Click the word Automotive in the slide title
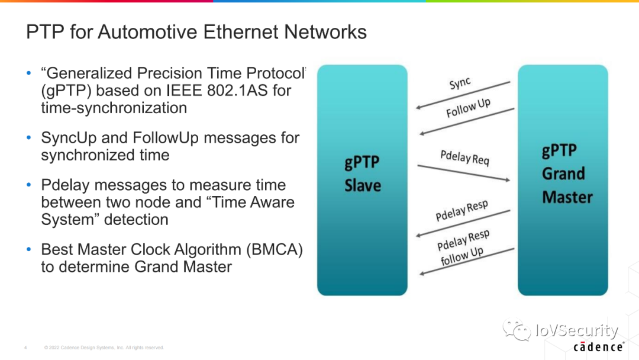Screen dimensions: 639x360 pos(147,32)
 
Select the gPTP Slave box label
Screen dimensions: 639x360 pos(363,173)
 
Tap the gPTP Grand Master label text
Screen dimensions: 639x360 pos(567,173)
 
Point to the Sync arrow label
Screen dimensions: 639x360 pos(460,83)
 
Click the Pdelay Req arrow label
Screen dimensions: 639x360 pos(464,157)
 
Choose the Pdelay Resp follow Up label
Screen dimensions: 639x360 pos(463,247)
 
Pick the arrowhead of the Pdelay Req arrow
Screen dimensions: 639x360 pos(508,179)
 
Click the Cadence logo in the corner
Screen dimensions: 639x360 pos(598,347)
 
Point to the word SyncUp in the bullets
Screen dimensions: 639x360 pos(69,138)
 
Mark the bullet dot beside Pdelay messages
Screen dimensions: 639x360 pos(28,185)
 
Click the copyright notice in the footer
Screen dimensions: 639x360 pos(104,348)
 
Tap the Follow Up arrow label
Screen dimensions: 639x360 pos(468,108)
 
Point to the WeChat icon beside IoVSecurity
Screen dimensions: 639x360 pos(517,329)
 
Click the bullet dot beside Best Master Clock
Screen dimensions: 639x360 pos(28,249)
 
